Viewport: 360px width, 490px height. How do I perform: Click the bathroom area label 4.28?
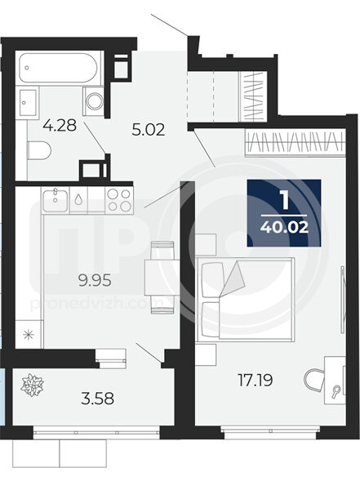click(60, 126)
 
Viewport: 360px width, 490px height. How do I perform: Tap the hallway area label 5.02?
click(148, 130)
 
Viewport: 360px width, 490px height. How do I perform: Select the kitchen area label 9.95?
click(95, 281)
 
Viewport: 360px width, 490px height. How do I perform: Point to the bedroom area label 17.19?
click(256, 381)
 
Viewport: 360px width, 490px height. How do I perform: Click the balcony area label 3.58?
click(97, 399)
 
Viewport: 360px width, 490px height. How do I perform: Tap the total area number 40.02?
click(284, 227)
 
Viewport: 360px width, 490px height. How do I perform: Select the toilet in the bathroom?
click(39, 150)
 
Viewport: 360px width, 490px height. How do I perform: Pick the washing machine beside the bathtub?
click(93, 101)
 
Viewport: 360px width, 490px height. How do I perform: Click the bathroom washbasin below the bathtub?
click(29, 103)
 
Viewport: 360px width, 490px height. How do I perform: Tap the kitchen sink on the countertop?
click(55, 200)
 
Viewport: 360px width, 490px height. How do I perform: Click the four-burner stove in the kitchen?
click(119, 200)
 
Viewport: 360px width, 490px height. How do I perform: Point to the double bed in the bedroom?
click(246, 298)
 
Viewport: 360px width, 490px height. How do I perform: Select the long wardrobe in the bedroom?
click(296, 143)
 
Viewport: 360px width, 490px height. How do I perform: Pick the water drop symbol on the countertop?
click(78, 200)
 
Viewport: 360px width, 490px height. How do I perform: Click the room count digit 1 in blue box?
click(284, 200)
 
